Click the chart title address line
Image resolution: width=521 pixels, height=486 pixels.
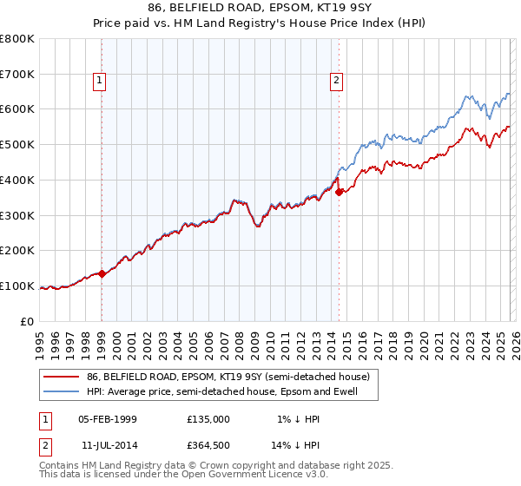pos(260,8)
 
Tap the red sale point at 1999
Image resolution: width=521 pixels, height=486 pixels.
pos(102,273)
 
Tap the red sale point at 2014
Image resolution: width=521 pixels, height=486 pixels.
pos(339,192)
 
